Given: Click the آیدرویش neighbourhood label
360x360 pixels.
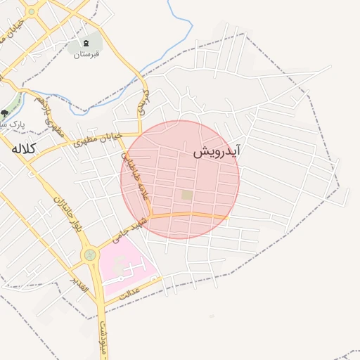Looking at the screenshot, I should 217,151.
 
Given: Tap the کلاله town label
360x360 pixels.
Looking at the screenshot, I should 22,148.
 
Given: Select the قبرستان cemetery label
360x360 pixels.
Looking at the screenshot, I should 87,53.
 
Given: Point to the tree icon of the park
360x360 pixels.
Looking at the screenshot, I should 5,112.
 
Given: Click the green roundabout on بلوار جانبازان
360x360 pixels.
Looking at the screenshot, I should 90,255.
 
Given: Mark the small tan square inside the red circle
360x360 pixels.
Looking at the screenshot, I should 186,195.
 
